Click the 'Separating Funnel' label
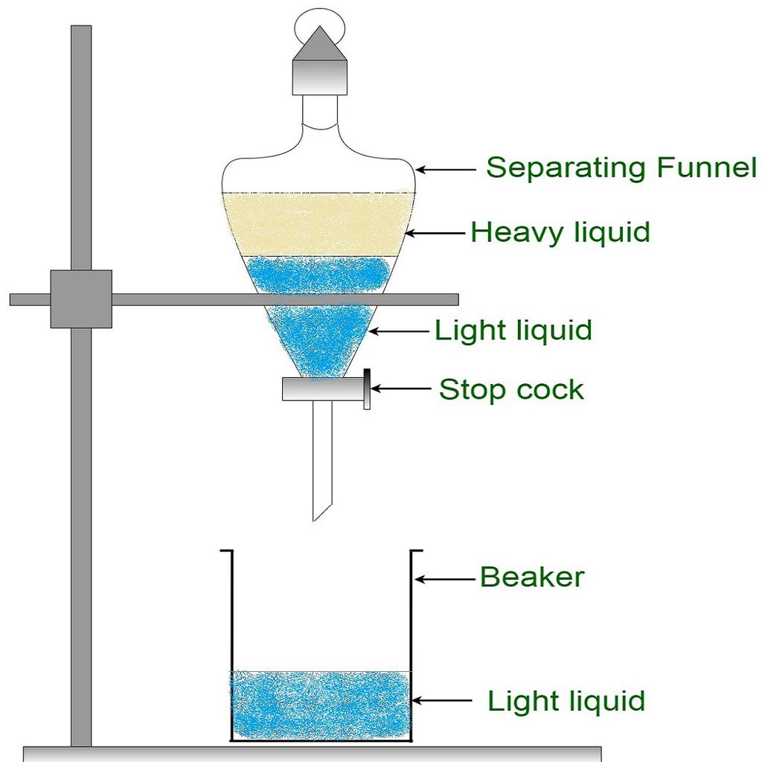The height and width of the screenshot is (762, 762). click(621, 168)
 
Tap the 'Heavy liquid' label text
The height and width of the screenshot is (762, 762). click(560, 233)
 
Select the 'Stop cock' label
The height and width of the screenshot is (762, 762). click(511, 389)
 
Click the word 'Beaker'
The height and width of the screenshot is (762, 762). click(532, 577)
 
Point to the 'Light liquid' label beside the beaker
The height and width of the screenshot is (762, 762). click(566, 701)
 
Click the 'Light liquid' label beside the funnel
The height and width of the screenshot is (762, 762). click(513, 330)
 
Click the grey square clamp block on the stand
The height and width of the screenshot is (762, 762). click(81, 299)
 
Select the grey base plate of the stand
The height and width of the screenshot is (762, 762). click(313, 753)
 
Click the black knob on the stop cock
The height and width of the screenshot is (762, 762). click(368, 389)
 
